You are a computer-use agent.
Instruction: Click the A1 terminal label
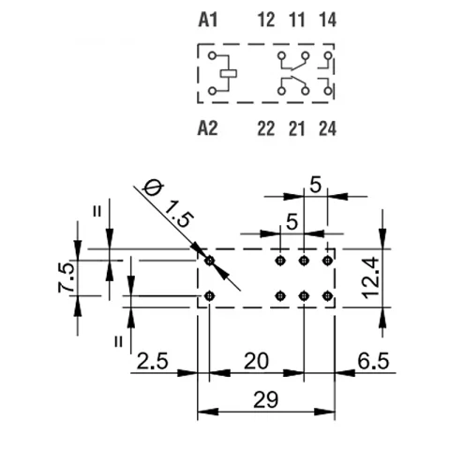coord(208,21)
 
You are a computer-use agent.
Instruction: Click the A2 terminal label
coord(208,128)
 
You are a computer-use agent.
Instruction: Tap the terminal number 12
coord(266,21)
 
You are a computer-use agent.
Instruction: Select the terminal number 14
coord(327,21)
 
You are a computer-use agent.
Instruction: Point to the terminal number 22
coord(266,128)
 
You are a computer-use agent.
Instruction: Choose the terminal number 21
coord(296,128)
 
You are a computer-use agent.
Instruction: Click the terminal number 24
coord(327,128)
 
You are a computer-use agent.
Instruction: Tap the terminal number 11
coord(296,21)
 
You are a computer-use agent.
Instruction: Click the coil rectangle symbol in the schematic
coord(229,73)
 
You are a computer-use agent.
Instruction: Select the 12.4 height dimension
coord(371,277)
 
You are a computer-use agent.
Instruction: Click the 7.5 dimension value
coord(67,277)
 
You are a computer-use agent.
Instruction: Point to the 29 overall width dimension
coord(265,399)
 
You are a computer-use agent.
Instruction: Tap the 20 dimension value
coord(256,361)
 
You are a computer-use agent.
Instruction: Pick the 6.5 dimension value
coord(373,361)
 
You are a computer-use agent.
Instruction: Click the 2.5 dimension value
coord(153,361)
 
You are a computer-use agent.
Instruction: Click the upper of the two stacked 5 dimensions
coord(315,185)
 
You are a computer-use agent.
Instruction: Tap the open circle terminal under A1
coord(213,56)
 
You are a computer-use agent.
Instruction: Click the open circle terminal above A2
coord(213,91)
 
